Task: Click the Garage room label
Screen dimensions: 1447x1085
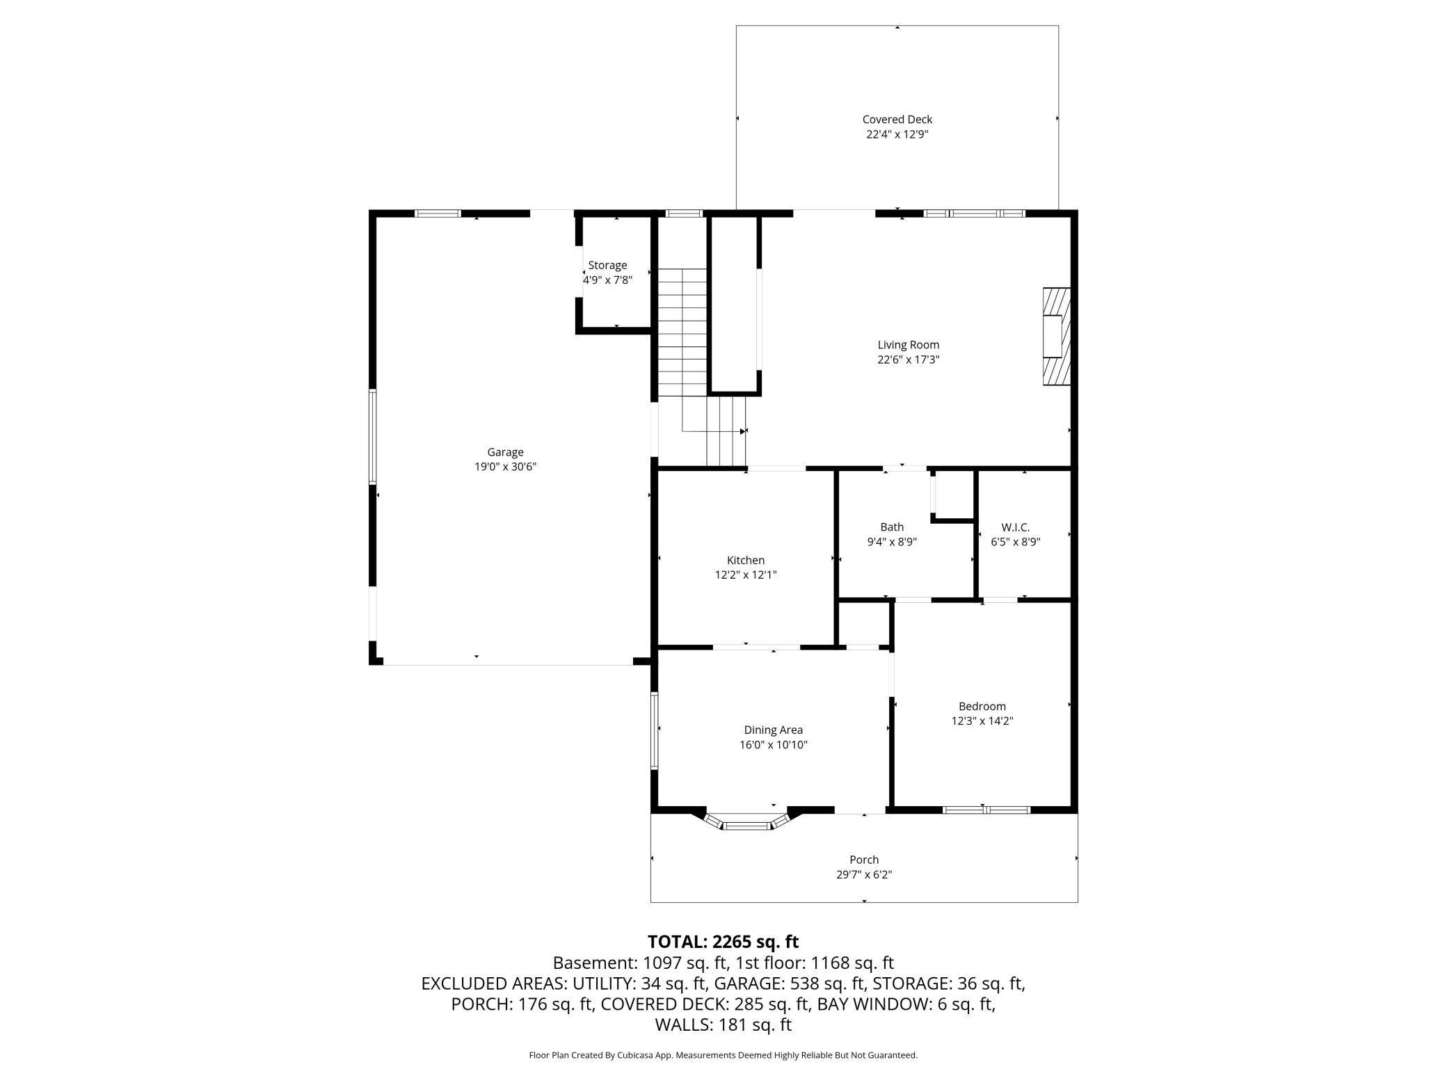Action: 505,452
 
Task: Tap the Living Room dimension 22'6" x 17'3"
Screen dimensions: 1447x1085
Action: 909,360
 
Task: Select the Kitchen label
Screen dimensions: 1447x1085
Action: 746,560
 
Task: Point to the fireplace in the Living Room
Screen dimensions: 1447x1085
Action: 1056,337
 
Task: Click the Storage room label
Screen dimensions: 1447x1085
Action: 607,265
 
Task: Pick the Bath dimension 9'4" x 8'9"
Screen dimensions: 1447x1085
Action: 892,542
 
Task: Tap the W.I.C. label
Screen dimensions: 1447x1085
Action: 1016,527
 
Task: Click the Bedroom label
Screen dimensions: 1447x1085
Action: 982,706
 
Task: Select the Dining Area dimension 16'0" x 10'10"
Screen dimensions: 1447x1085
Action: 774,745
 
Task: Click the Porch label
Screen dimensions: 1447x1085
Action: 864,860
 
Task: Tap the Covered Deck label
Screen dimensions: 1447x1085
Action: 897,120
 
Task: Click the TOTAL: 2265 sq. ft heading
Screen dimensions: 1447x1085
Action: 723,942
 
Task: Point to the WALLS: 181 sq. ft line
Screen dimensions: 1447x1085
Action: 723,1024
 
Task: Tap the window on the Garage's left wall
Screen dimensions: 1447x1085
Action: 373,437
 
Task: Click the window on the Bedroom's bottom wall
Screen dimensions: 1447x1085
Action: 986,810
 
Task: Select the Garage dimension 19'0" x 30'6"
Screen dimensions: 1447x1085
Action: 506,467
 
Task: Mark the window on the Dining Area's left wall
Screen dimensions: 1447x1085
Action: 655,730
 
